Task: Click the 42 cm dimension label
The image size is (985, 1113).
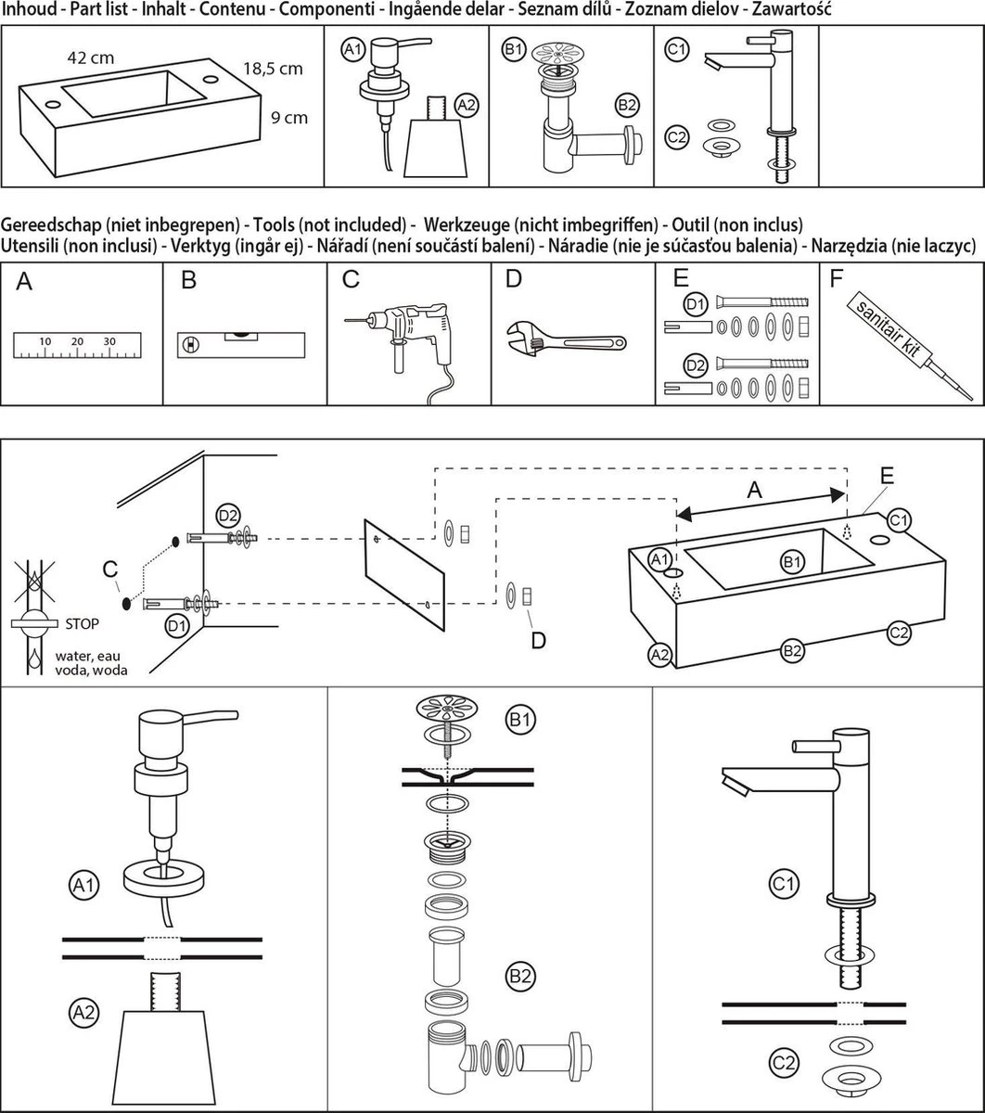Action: (91, 58)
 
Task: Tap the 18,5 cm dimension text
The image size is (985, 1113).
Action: (273, 69)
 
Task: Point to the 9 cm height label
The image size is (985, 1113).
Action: (288, 118)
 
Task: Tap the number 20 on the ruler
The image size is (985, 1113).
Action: (77, 341)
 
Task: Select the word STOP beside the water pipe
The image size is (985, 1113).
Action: (82, 623)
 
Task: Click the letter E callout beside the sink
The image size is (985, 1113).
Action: (888, 475)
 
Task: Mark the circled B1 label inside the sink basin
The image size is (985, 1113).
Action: (791, 561)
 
